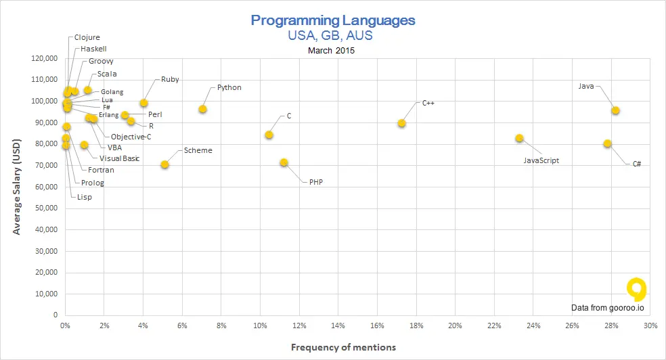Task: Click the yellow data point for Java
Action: pyautogui.click(x=615, y=110)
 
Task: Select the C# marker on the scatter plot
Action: pyautogui.click(x=607, y=143)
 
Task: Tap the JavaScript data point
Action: pyautogui.click(x=519, y=138)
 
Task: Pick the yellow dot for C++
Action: pyautogui.click(x=401, y=123)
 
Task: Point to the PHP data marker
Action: pyautogui.click(x=284, y=162)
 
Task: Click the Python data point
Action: pyautogui.click(x=202, y=109)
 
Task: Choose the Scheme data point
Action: pyautogui.click(x=164, y=164)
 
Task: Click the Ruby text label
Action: pyautogui.click(x=170, y=79)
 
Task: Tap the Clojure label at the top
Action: pyautogui.click(x=87, y=37)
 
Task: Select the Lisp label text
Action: pyautogui.click(x=85, y=197)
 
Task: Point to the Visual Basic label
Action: pyautogui.click(x=119, y=158)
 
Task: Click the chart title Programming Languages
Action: pyautogui.click(x=333, y=20)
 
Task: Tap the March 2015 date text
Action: pyautogui.click(x=331, y=50)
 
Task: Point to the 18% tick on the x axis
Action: pyautogui.click(x=416, y=325)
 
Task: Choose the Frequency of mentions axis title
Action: pyautogui.click(x=343, y=347)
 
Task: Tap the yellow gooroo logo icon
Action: pyautogui.click(x=636, y=289)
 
